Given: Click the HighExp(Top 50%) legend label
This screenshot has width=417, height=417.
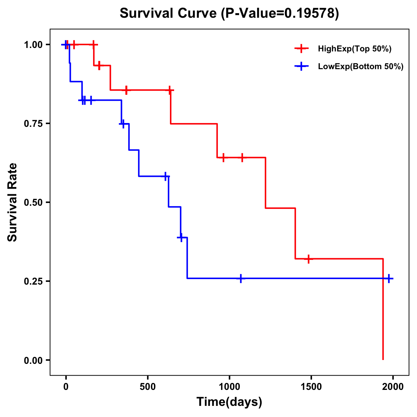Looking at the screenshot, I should (354, 49).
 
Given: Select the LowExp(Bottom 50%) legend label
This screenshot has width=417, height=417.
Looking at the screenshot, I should (360, 67).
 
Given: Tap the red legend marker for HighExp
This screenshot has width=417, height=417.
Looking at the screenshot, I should (301, 49).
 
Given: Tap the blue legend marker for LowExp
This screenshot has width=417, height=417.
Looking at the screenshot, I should (301, 66).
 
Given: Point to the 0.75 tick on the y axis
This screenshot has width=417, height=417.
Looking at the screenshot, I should (33, 124).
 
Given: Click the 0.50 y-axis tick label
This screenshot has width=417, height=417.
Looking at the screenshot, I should (33, 203).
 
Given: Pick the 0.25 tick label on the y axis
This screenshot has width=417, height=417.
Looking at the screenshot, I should (33, 281).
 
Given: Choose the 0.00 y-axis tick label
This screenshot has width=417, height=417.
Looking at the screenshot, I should (33, 360).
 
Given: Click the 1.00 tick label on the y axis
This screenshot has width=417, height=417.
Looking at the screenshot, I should (33, 45).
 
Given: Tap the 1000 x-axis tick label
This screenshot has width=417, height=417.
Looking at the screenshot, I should (229, 387).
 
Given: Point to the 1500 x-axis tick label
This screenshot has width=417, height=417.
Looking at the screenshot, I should (311, 387).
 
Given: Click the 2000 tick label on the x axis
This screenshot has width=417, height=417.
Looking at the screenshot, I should (393, 387).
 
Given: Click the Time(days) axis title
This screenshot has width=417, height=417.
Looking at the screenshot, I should (229, 402).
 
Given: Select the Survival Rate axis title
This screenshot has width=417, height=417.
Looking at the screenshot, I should (13, 202).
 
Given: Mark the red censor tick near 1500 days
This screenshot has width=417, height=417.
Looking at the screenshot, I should (308, 259).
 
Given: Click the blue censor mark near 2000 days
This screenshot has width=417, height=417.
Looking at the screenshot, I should (389, 278).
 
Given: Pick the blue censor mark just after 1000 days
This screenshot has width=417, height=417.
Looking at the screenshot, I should (241, 278).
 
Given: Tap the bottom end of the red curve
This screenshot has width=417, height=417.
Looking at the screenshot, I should (383, 359).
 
